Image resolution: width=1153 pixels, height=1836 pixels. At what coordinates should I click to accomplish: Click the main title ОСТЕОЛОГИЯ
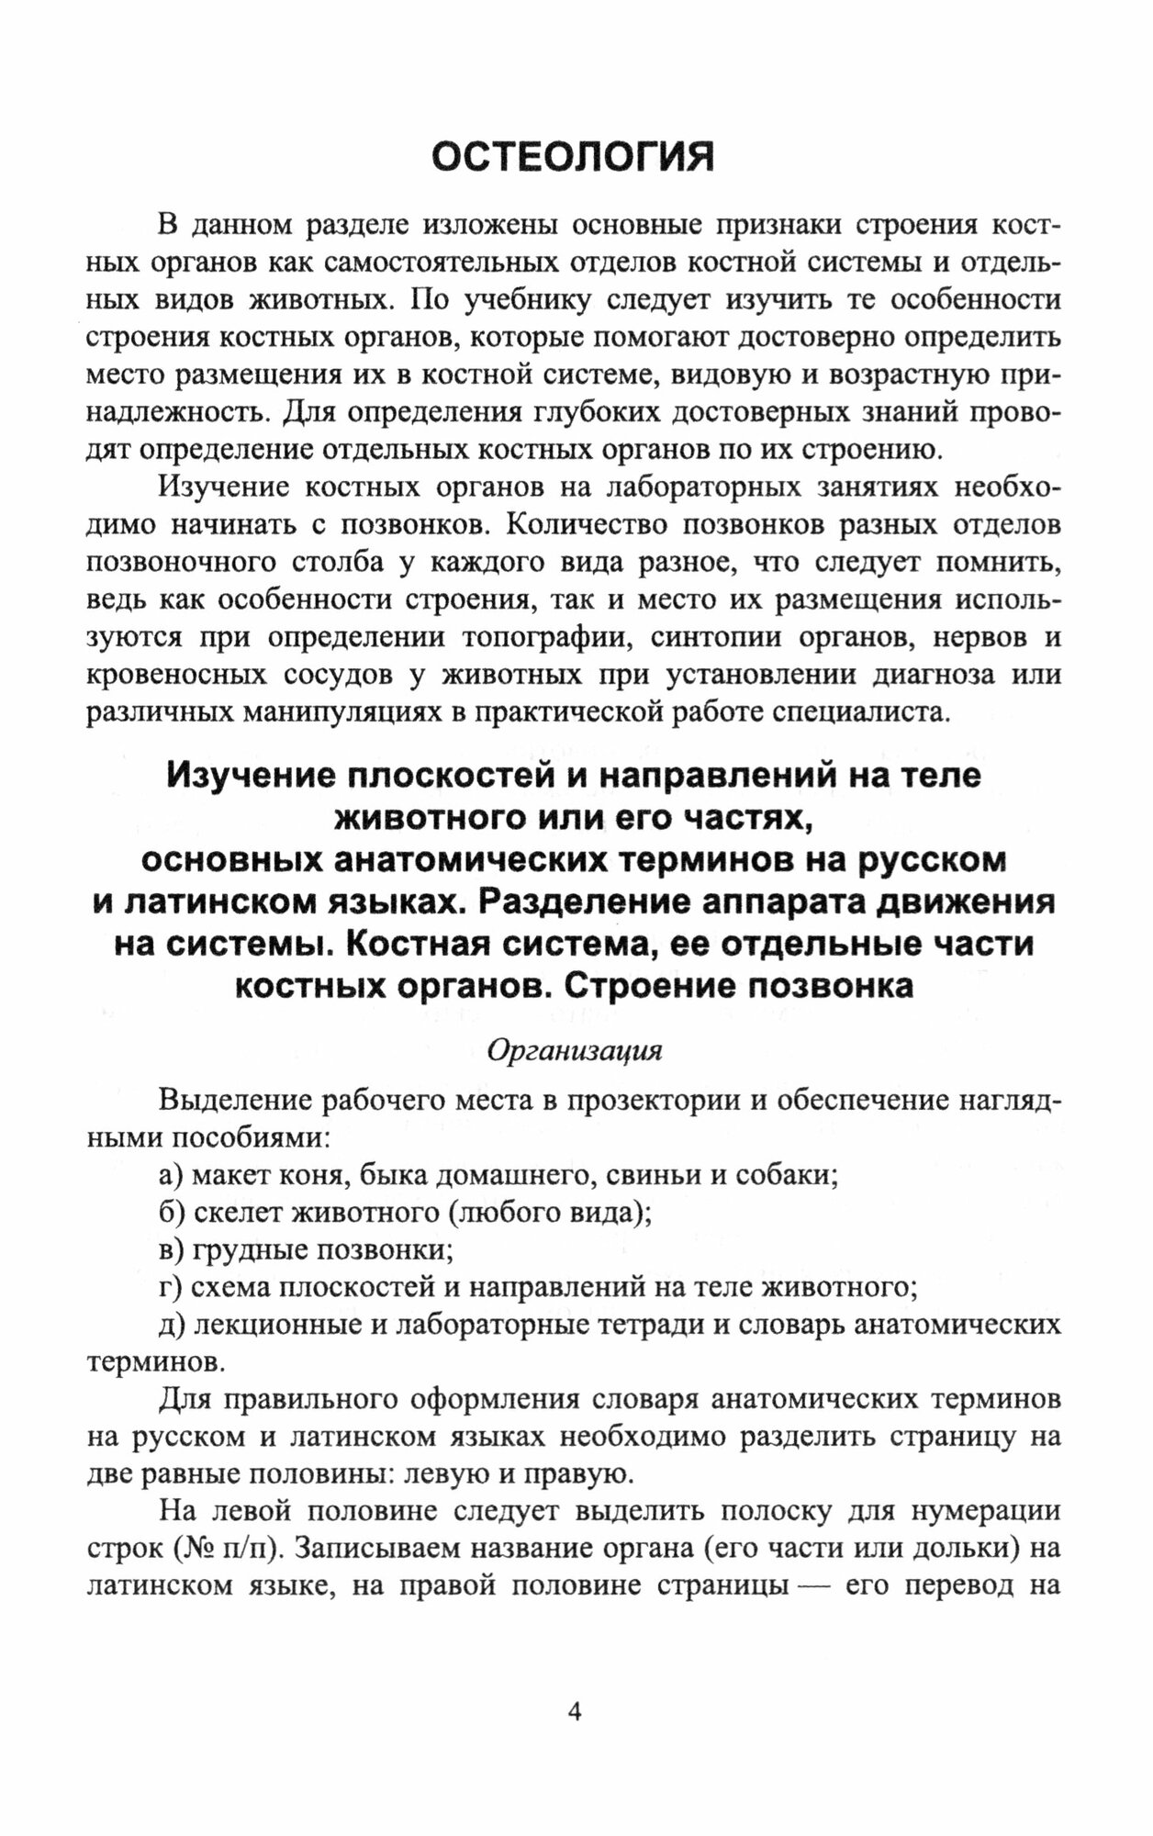tap(573, 157)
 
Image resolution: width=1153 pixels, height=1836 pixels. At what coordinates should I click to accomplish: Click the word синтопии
tap(712, 637)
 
